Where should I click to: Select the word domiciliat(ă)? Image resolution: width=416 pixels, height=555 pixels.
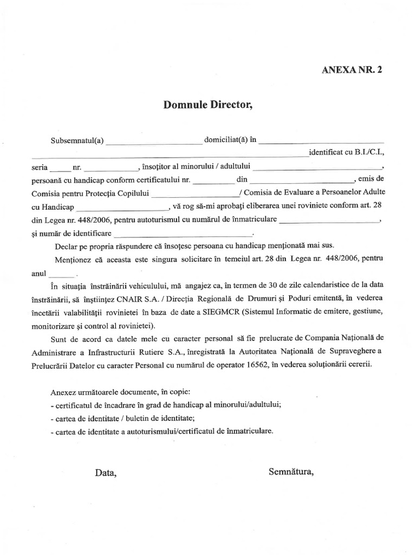coord(225,140)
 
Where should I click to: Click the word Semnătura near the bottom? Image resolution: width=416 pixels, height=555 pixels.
coord(291,472)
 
